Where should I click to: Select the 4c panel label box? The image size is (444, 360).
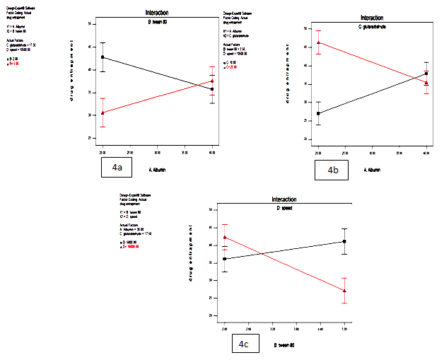(x=243, y=345)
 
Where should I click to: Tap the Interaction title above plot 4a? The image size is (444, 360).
(x=156, y=13)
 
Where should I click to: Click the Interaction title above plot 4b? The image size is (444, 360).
(x=372, y=18)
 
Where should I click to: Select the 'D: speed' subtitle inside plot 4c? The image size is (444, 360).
(x=282, y=208)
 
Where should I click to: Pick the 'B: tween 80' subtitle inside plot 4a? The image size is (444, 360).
(x=156, y=22)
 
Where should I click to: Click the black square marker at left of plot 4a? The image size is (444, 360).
(x=103, y=57)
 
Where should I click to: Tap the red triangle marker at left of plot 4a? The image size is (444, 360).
(x=103, y=112)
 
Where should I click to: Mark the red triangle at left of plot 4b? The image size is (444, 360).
(x=318, y=42)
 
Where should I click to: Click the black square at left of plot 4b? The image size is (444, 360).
(x=318, y=113)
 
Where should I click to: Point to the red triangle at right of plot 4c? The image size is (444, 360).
(x=344, y=291)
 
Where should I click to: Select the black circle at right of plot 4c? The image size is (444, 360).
(x=344, y=241)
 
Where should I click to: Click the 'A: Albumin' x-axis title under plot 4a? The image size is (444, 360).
(x=160, y=170)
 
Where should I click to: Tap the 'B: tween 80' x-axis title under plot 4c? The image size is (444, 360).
(x=278, y=346)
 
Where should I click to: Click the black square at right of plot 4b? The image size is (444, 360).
(x=426, y=74)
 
